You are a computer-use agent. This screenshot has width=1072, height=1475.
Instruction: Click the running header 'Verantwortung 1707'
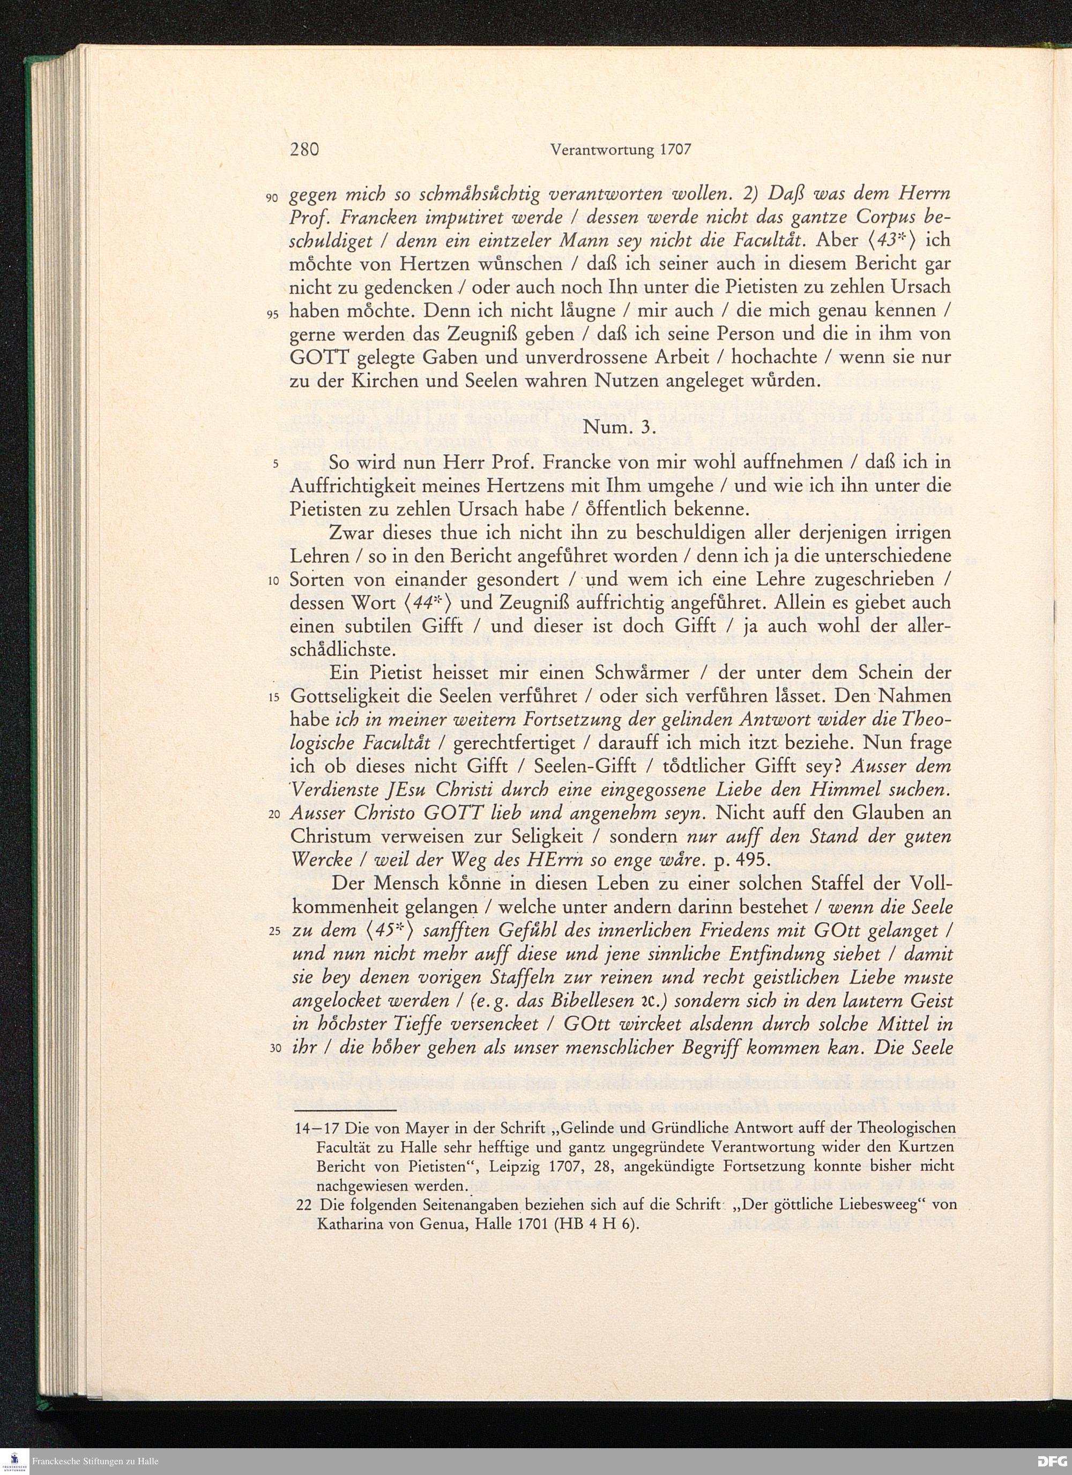(620, 150)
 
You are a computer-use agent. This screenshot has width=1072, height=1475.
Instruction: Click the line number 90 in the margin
(273, 197)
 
